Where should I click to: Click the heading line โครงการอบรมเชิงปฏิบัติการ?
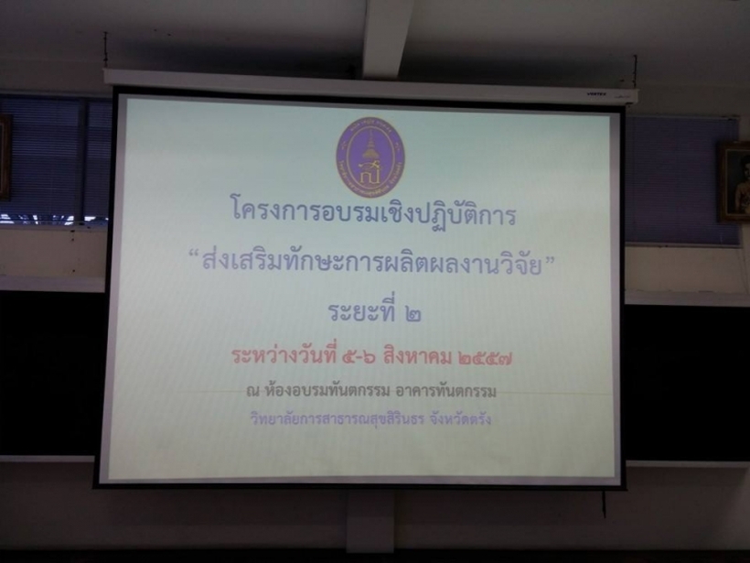[374, 214]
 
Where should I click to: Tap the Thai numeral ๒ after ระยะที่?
[412, 314]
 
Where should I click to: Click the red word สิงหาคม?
[416, 357]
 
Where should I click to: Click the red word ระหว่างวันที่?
[285, 357]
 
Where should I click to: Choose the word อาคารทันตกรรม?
[446, 391]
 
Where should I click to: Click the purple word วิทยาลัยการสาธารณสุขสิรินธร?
[337, 419]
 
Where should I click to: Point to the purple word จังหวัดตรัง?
[461, 419]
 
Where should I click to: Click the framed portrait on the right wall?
[734, 182]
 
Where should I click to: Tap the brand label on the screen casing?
[596, 94]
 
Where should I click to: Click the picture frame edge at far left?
[5, 157]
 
